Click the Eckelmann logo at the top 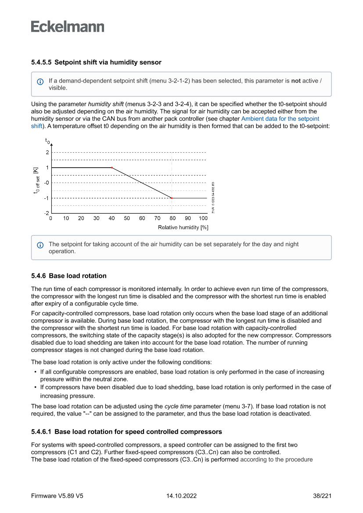[x=68, y=26]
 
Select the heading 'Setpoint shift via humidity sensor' [x=108, y=62]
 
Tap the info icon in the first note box [x=40, y=82]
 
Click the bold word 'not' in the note [x=296, y=81]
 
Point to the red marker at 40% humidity [x=112, y=168]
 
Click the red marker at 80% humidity [x=172, y=198]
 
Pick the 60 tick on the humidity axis [x=142, y=218]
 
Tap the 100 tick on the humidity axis [x=203, y=218]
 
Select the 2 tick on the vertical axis [x=47, y=152]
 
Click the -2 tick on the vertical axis [x=47, y=213]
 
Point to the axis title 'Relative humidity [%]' [x=183, y=227]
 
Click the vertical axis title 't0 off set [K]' [x=38, y=180]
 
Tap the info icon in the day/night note [x=40, y=245]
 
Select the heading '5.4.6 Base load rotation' [x=69, y=276]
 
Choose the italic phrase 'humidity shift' [x=106, y=104]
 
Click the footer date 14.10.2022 [x=181, y=496]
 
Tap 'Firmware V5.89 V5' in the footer [x=57, y=496]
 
